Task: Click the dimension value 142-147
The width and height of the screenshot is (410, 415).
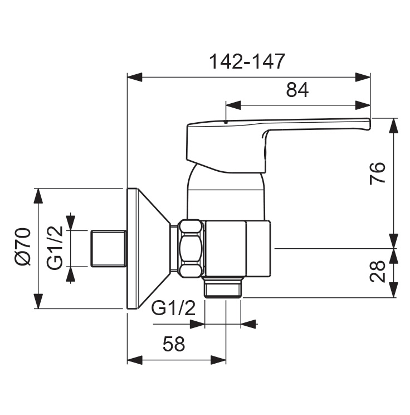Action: (247, 61)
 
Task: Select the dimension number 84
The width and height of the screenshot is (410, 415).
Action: (297, 89)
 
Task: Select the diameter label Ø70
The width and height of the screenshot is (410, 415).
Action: (23, 247)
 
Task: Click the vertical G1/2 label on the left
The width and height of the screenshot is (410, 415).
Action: (54, 248)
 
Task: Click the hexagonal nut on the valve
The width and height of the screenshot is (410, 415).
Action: (191, 248)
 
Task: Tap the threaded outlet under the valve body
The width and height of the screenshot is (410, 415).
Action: (223, 289)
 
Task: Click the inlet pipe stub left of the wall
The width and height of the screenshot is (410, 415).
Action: (108, 248)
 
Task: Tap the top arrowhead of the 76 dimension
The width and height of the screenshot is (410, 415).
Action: (393, 124)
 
